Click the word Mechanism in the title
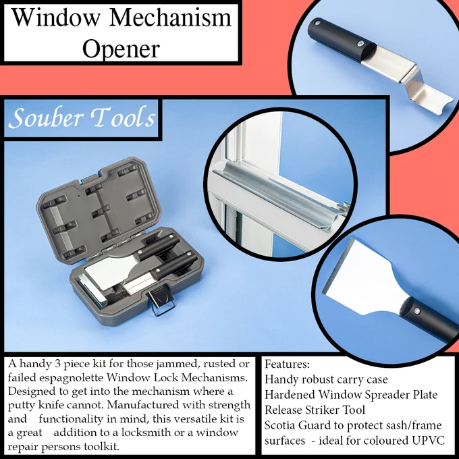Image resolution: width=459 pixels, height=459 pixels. click(170, 18)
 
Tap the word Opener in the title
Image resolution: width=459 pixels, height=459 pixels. click(121, 49)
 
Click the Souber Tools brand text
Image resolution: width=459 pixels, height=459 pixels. click(82, 118)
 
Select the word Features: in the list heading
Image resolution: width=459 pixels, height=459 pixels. click(287, 364)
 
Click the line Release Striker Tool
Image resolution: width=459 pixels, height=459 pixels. click(315, 410)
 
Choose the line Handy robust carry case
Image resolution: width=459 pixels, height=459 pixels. click(326, 379)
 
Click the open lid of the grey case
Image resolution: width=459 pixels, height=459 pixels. click(99, 209)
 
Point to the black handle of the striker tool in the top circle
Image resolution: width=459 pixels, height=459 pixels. click(341, 40)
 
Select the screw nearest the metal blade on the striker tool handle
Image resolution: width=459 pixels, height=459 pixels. click(360, 44)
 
